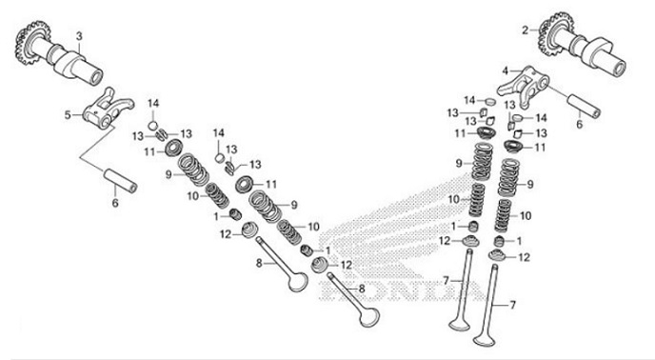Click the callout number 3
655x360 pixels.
[79, 35]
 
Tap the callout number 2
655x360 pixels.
[525, 30]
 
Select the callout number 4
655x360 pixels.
[506, 70]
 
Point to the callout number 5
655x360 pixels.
[67, 115]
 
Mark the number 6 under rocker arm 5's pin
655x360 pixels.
[114, 202]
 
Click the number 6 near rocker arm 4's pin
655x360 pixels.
[579, 123]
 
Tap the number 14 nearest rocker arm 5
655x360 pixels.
[153, 103]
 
